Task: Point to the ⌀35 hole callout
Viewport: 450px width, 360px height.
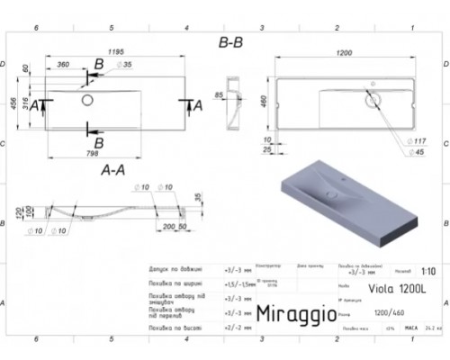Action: pyautogui.click(x=126, y=66)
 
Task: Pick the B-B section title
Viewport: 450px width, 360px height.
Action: pyautogui.click(x=230, y=40)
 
